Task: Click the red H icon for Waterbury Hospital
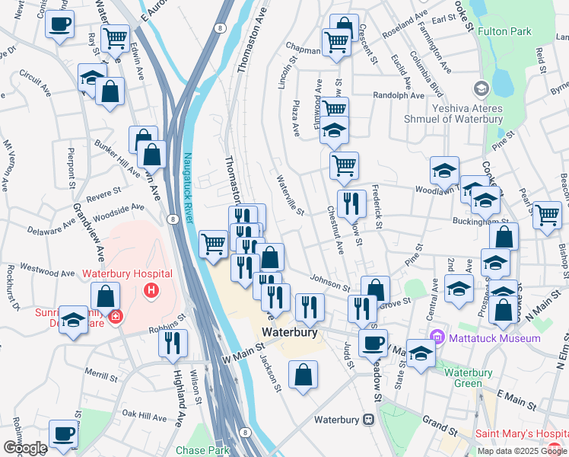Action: tap(152, 290)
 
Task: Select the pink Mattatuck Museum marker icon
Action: tap(437, 337)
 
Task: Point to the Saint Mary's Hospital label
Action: tap(521, 435)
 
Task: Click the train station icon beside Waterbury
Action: tap(368, 420)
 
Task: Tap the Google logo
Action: tap(24, 448)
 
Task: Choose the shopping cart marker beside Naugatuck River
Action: tap(214, 243)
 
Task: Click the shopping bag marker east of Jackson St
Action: tap(303, 374)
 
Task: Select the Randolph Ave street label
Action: tap(399, 96)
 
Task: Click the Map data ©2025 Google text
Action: tap(522, 451)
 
